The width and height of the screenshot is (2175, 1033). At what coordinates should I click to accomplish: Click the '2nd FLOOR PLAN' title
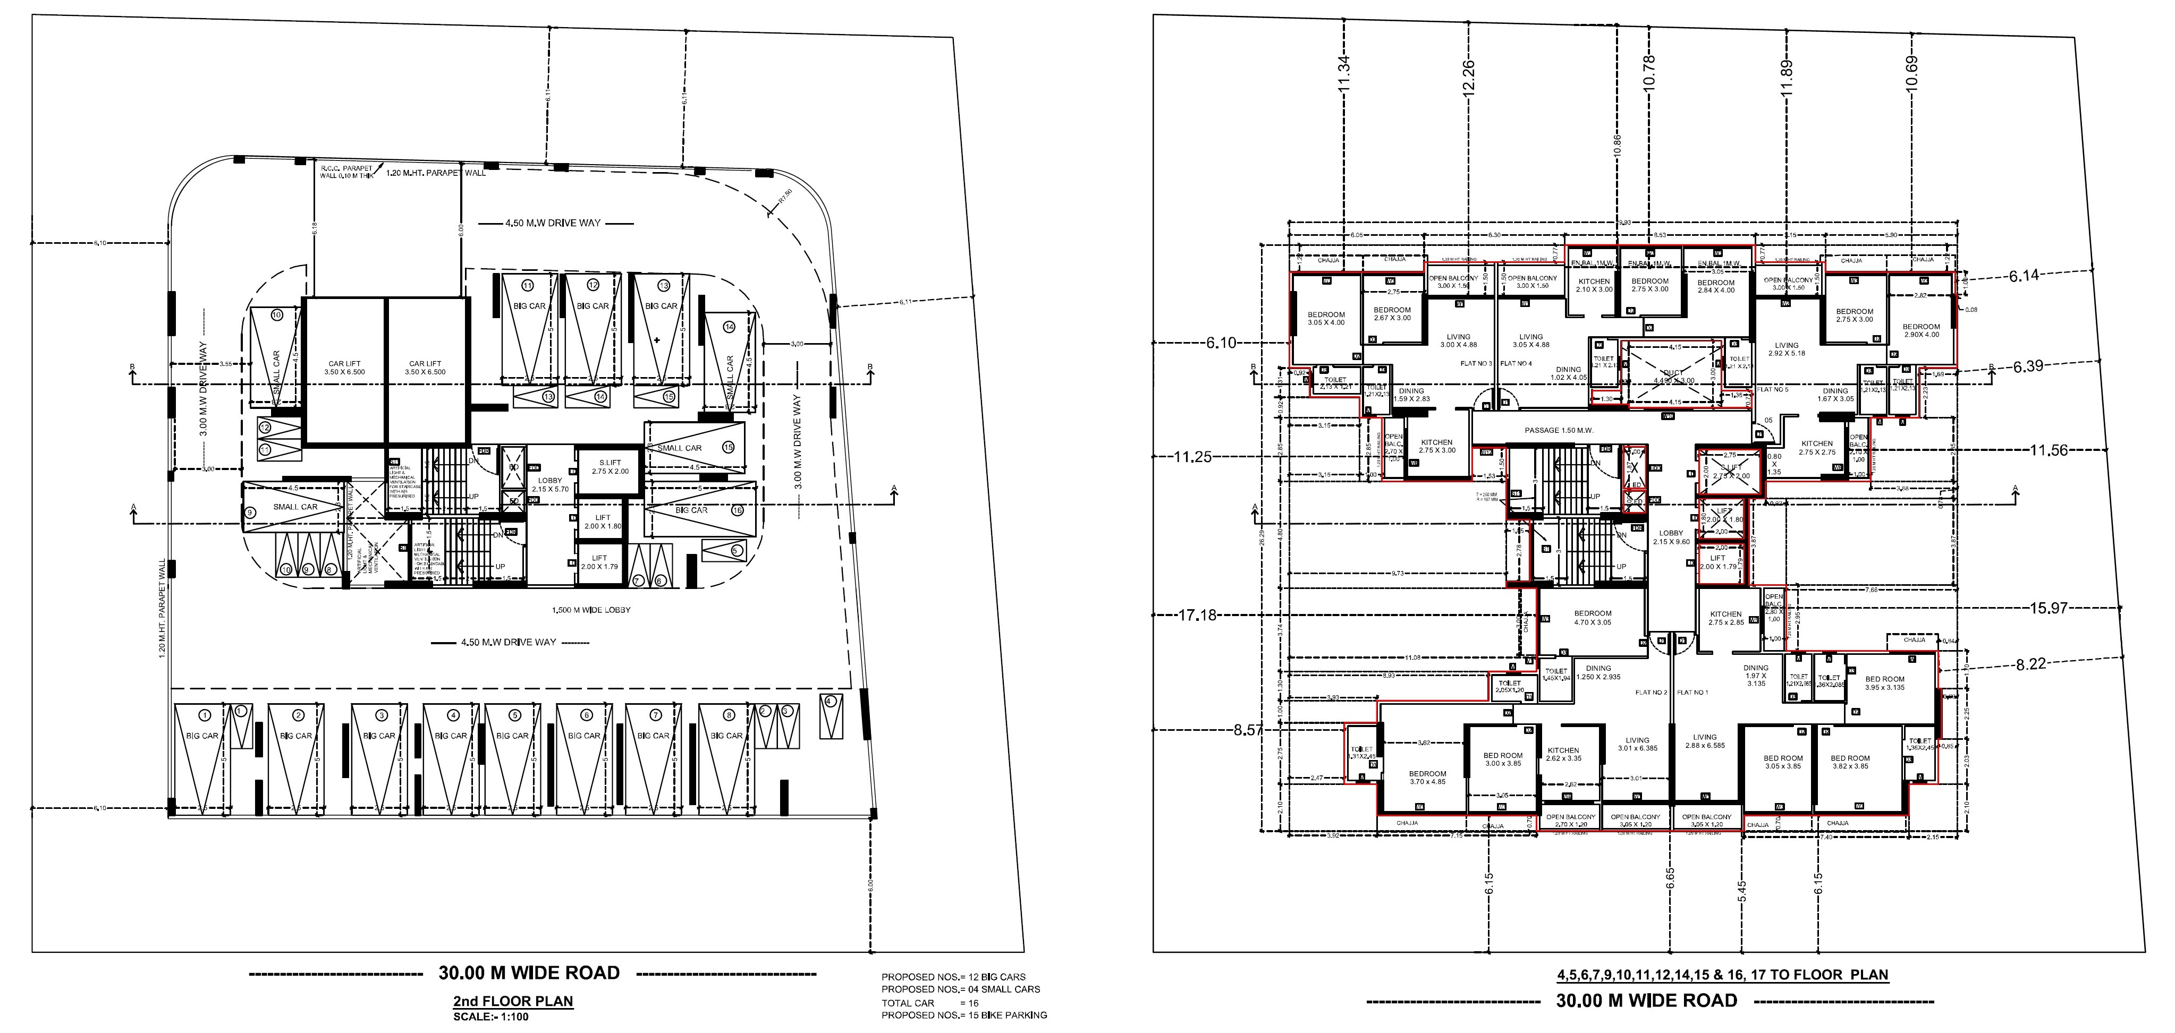[512, 1002]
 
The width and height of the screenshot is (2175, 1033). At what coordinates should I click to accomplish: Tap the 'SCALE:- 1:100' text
[490, 1016]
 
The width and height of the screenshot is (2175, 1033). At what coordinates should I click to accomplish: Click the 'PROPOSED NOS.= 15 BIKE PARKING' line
[963, 1015]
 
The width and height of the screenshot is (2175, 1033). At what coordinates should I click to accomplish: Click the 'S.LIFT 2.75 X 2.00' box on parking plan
[610, 467]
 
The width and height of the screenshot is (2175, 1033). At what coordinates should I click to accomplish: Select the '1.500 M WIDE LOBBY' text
[590, 609]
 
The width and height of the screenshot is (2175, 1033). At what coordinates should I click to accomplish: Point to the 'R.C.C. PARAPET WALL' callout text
[346, 172]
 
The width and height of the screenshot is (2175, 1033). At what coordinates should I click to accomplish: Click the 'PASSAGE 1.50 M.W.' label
[1559, 430]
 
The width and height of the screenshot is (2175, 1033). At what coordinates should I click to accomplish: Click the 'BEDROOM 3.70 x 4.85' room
[1427, 778]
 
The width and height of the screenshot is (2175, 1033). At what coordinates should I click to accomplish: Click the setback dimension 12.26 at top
[1468, 77]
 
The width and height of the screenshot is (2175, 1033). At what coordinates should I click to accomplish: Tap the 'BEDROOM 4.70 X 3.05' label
[1593, 618]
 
